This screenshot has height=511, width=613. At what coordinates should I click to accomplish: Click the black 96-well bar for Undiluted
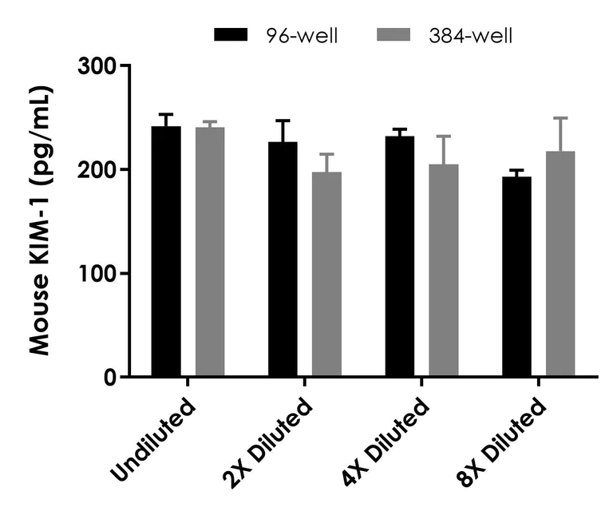166,251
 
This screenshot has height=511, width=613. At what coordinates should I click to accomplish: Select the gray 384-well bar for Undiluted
210,252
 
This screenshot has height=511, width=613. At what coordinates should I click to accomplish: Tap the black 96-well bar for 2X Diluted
283,259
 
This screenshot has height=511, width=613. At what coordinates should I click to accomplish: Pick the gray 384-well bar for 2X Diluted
326,274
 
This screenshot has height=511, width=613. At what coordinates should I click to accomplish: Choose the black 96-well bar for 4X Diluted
400,256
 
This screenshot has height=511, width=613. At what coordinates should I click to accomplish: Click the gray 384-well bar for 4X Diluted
444,270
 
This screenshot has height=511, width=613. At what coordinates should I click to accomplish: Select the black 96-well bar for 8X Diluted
516,276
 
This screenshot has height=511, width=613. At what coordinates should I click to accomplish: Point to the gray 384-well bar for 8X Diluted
560,263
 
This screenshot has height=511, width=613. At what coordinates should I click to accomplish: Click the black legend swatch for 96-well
231,34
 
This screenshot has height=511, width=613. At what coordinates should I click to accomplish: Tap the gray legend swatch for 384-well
394,34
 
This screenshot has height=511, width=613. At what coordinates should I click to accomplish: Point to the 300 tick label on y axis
97,65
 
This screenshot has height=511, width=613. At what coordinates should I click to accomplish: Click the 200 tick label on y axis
97,169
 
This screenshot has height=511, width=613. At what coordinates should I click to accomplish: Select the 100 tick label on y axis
97,273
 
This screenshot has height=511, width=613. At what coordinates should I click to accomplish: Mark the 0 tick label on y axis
110,378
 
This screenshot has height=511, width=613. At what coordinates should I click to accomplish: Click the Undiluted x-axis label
153,440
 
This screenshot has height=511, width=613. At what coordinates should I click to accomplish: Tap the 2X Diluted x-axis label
267,443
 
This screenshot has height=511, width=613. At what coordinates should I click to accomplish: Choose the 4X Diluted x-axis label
385,443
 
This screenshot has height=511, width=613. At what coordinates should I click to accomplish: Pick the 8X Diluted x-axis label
501,443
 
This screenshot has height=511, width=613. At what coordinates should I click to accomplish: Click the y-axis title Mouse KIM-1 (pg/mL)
40,220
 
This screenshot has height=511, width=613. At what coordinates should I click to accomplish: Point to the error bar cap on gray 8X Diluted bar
560,117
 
